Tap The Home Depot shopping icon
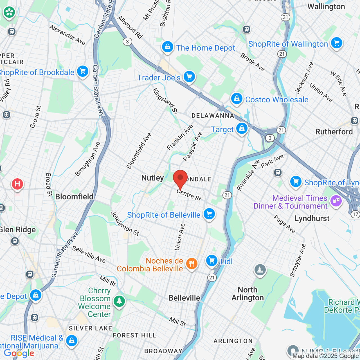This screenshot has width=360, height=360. (168, 47)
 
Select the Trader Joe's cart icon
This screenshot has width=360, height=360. (189, 76)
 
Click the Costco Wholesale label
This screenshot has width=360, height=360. (277, 100)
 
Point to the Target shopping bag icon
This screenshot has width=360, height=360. (242, 128)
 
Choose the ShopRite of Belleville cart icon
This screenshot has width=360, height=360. (209, 214)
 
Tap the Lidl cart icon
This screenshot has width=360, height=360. (212, 261)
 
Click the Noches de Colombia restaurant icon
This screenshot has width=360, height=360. (192, 264)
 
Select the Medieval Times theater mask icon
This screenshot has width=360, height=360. (336, 201)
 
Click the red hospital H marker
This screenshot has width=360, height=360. (17, 184)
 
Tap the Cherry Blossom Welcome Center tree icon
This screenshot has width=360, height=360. (119, 301)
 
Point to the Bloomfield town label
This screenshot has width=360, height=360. (74, 197)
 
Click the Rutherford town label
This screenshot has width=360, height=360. (334, 132)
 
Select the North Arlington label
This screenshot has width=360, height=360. (247, 294)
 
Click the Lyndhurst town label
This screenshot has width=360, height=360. (312, 218)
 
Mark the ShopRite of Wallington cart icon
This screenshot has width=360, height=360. (336, 43)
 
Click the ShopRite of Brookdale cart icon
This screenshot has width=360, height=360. (82, 71)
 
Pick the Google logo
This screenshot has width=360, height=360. (19, 353)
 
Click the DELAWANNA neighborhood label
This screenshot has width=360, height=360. (213, 116)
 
